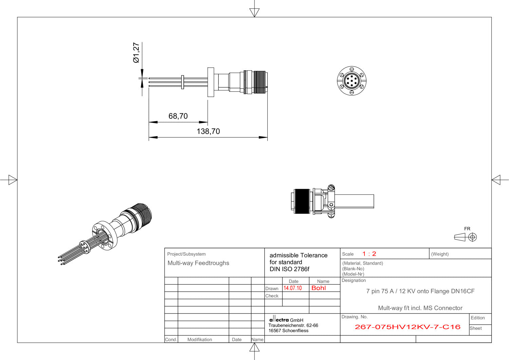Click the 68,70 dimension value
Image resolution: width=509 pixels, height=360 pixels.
pyautogui.click(x=178, y=116)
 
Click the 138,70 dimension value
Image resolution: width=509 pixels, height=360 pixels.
pyautogui.click(x=208, y=131)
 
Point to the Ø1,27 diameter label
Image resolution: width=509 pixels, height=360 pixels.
pyautogui.click(x=136, y=53)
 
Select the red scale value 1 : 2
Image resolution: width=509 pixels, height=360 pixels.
pyautogui.click(x=369, y=254)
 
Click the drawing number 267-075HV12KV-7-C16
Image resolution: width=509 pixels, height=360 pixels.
pyautogui.click(x=407, y=327)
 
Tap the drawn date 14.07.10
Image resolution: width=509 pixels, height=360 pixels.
pyautogui.click(x=293, y=288)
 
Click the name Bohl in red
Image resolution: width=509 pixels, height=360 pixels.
pyautogui.click(x=318, y=288)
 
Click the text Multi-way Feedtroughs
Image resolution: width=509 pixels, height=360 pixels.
pyautogui.click(x=198, y=263)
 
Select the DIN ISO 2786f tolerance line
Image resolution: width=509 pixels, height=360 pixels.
pyautogui.click(x=289, y=269)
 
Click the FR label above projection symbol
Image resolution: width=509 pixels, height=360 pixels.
pyautogui.click(x=467, y=229)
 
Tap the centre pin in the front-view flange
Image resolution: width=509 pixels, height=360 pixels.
pyautogui.click(x=352, y=81)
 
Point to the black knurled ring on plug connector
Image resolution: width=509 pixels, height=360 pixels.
pyautogui.click(x=301, y=201)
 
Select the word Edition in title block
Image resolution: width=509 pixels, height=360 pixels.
pyautogui.click(x=477, y=318)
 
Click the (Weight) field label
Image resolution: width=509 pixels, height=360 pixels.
pyautogui.click(x=440, y=254)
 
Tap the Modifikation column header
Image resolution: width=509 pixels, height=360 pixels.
pyautogui.click(x=200, y=339)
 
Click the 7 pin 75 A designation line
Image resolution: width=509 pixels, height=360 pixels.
pyautogui.click(x=420, y=291)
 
